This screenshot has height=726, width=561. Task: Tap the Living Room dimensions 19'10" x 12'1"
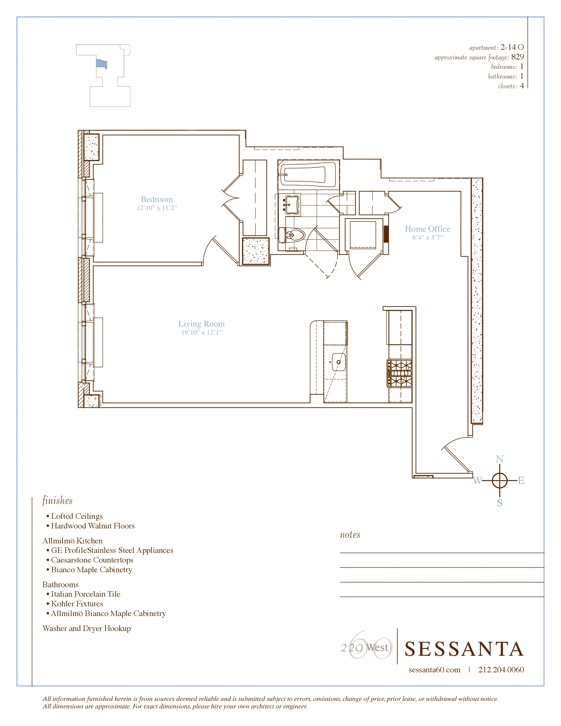[201, 332]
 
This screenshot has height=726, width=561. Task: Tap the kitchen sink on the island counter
[339, 362]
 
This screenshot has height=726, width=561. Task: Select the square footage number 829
[517, 57]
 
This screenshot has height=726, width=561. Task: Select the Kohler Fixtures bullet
[77, 604]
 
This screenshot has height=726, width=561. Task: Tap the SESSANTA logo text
[464, 649]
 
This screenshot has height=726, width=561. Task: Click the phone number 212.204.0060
[501, 670]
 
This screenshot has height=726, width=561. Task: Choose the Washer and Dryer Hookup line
[87, 628]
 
